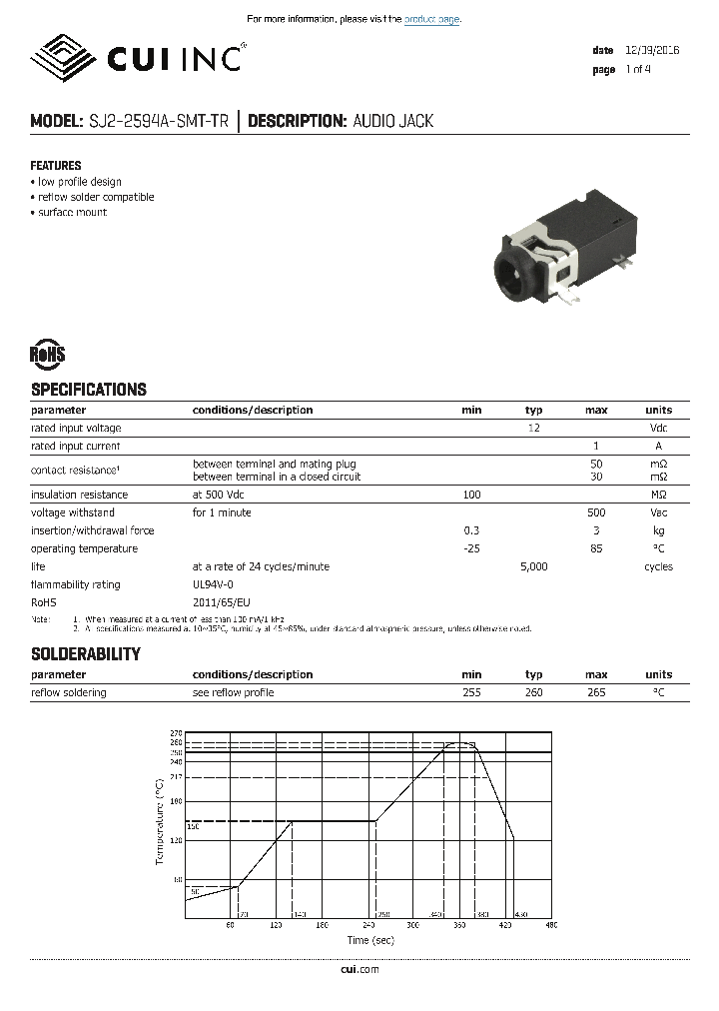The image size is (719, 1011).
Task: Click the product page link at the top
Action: [432, 19]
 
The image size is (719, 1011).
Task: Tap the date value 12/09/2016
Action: [652, 50]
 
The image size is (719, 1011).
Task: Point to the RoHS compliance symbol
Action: [47, 354]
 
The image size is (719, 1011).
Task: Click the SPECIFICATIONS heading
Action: [89, 390]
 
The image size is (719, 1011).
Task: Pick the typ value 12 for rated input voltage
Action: [534, 428]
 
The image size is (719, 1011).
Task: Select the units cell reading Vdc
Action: [659, 428]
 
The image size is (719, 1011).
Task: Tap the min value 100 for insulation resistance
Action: [471, 495]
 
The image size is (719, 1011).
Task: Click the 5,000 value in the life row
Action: [534, 566]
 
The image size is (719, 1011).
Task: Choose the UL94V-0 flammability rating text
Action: [213, 584]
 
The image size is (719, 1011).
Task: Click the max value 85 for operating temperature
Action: [596, 548]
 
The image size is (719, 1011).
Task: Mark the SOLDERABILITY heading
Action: [86, 654]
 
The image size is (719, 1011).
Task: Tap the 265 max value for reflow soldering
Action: [596, 692]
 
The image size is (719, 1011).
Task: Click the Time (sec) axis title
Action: [370, 940]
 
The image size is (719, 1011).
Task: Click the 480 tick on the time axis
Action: [551, 925]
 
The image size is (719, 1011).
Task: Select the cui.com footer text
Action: [359, 969]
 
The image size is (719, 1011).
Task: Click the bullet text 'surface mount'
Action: [72, 212]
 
